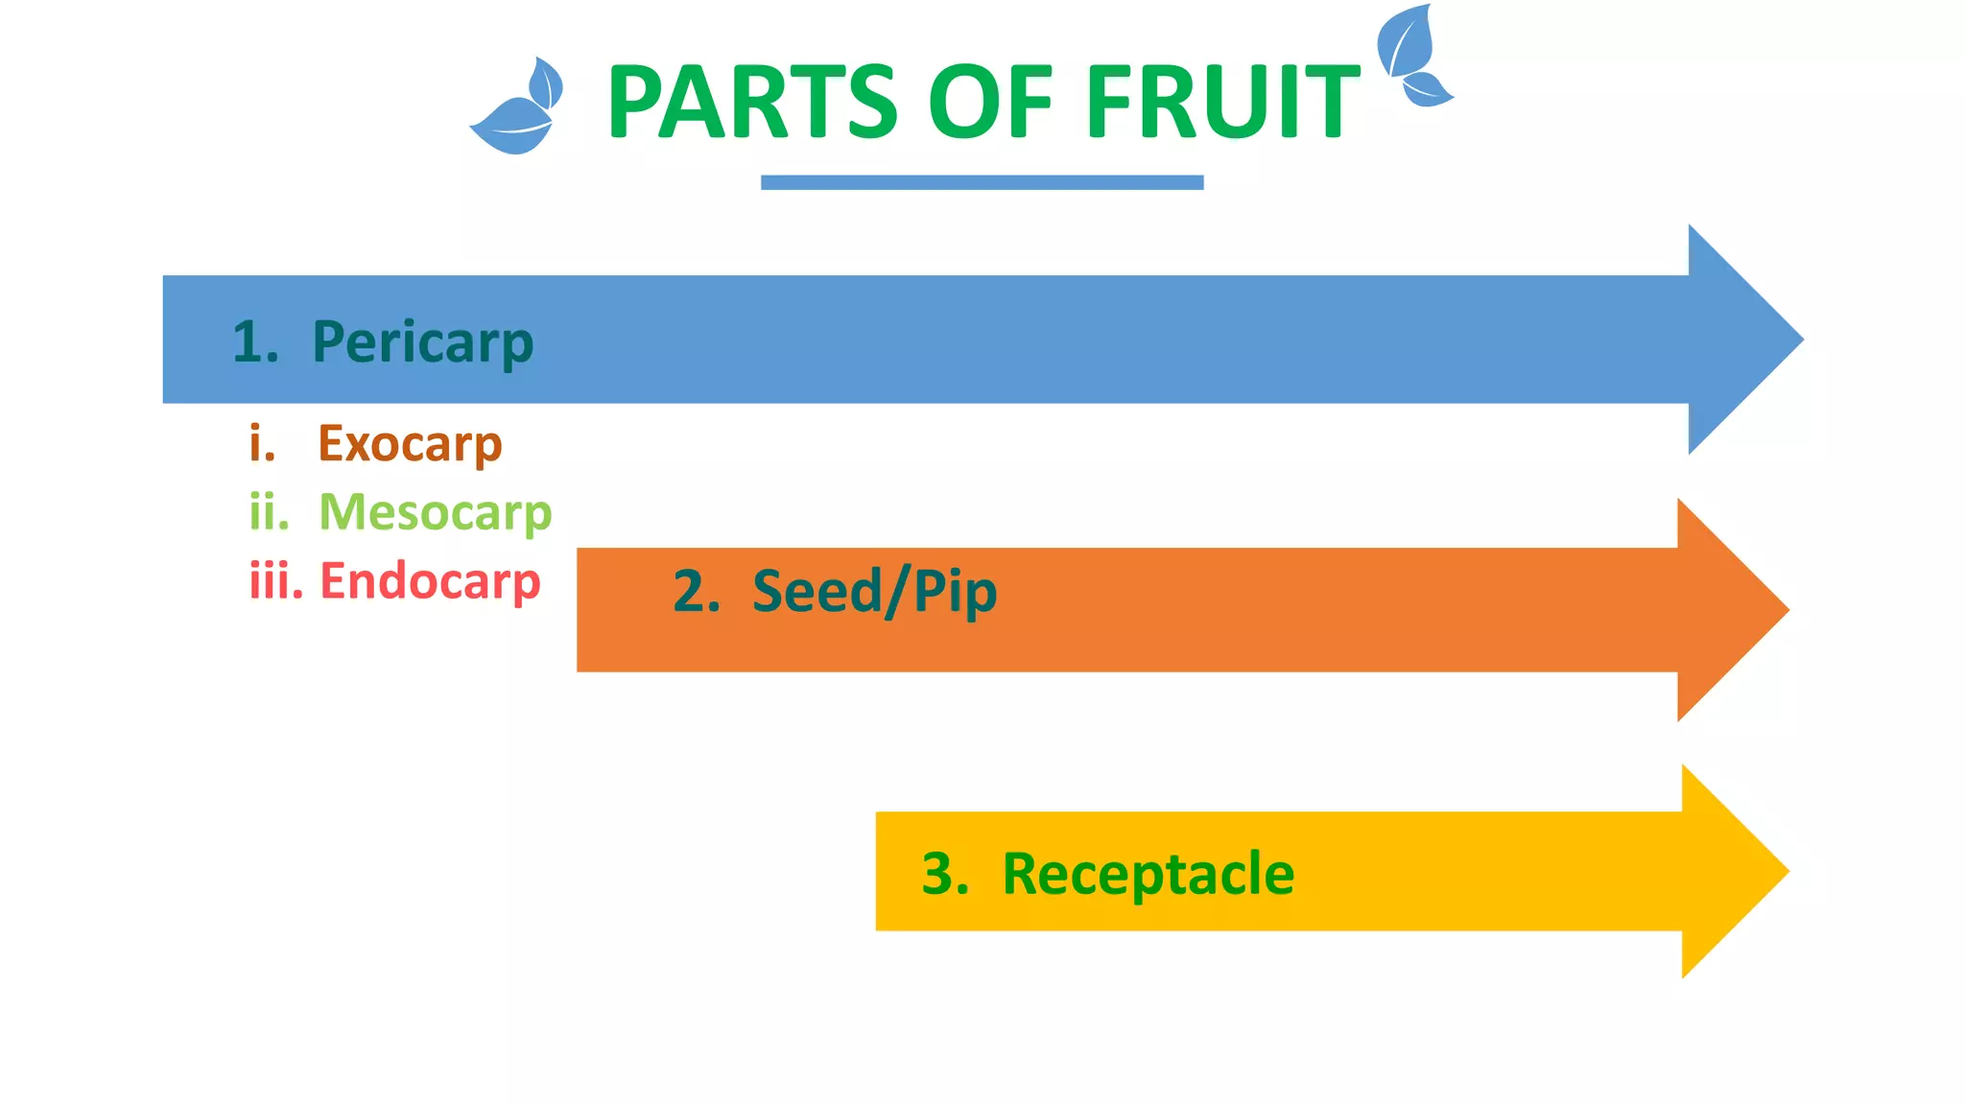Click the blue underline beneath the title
982,182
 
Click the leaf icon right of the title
1412,56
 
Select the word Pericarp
422,342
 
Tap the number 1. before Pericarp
255,342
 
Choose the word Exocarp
410,444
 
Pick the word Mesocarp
435,512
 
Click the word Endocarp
430,581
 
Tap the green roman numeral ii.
269,512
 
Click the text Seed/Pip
874,591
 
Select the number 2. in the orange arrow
697,591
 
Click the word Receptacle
1148,874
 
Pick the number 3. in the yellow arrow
945,874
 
